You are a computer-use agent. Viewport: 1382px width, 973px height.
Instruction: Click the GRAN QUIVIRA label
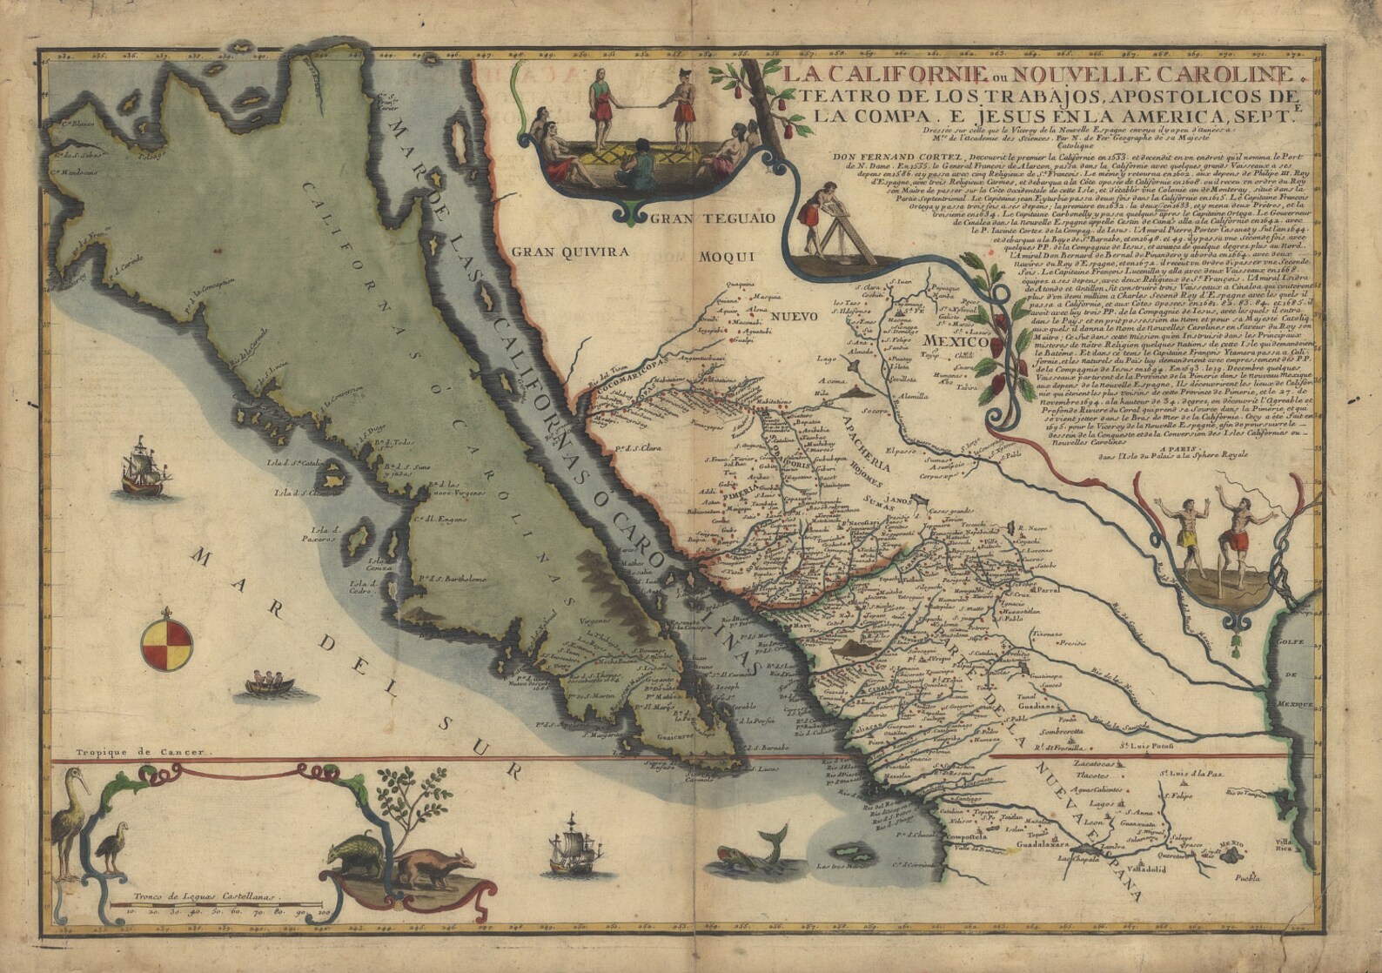569,252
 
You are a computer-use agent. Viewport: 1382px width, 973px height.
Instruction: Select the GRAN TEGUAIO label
711,218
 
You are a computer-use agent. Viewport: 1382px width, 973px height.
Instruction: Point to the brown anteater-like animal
435,867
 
